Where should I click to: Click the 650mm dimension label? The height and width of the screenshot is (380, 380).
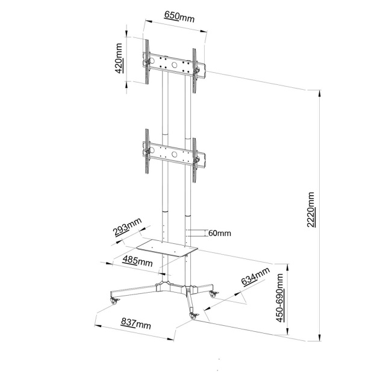(179, 16)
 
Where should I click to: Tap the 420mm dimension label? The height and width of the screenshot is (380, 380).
(119, 58)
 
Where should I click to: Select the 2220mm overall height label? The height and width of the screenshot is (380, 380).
(311, 210)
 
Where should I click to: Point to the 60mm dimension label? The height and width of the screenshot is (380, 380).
(220, 233)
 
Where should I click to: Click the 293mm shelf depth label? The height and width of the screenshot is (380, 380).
(128, 227)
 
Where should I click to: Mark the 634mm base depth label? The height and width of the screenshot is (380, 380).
(256, 276)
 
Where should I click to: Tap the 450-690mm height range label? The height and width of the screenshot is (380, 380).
(280, 298)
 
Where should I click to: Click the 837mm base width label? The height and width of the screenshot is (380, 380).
(135, 323)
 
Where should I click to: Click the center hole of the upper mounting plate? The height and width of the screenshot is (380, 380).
(174, 65)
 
